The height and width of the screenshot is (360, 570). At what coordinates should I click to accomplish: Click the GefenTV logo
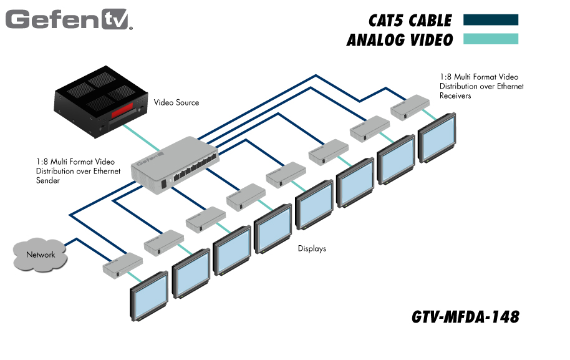point(69,19)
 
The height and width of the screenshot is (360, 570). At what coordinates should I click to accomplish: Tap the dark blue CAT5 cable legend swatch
point(491,20)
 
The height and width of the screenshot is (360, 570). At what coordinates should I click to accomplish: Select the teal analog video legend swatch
point(491,39)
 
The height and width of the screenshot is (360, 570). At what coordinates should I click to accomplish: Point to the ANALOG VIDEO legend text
point(400,41)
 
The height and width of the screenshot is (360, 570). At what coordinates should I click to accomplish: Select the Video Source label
point(176,102)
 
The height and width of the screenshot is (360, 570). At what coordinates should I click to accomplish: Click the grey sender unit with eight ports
point(175,163)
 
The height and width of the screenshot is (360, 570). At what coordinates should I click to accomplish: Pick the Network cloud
point(41,254)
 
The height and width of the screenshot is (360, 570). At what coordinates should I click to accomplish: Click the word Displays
point(312,248)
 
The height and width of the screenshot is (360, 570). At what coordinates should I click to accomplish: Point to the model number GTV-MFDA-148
point(465,317)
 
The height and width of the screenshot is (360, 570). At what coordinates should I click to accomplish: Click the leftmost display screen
point(149,296)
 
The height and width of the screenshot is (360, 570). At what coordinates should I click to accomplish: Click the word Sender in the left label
point(48,180)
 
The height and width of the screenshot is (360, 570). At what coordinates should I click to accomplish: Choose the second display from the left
point(191,273)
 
